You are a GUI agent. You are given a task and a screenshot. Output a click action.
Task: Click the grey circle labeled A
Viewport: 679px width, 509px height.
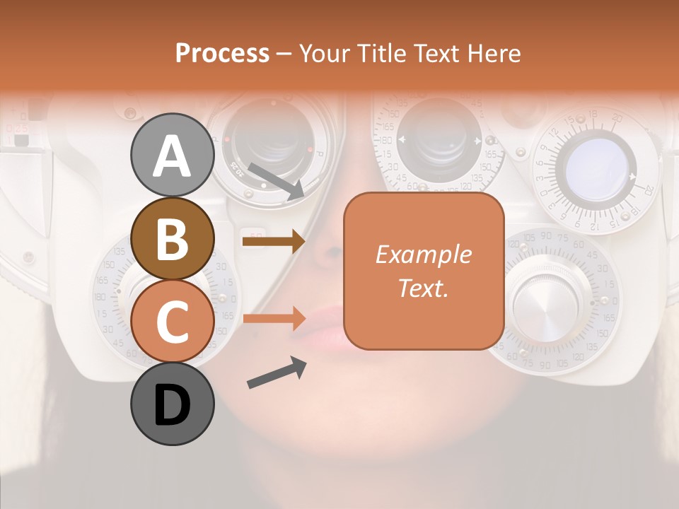tap(172, 156)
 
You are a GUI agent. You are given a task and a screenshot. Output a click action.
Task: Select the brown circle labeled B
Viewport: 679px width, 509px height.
tap(172, 238)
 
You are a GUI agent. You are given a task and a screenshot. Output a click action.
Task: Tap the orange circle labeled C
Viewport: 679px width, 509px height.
tap(172, 321)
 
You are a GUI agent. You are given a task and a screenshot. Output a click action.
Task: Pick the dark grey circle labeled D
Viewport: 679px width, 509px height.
tap(172, 404)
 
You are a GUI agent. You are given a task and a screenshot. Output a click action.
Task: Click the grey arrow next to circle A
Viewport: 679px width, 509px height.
tap(277, 181)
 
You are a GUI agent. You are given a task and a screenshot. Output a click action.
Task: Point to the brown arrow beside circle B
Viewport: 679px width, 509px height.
tap(274, 242)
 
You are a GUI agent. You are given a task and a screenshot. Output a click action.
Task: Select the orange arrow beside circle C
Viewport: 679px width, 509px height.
tap(274, 319)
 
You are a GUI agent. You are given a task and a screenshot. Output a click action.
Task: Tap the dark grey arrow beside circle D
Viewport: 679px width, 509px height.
tap(277, 373)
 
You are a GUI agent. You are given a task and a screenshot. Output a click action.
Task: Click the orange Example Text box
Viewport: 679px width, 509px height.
tap(424, 271)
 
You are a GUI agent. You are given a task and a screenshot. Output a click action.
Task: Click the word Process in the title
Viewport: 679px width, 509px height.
tap(222, 53)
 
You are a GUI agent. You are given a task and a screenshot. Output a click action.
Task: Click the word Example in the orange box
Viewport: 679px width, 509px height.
tap(423, 255)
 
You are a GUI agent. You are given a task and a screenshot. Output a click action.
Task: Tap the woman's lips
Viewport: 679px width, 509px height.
tap(322, 327)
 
